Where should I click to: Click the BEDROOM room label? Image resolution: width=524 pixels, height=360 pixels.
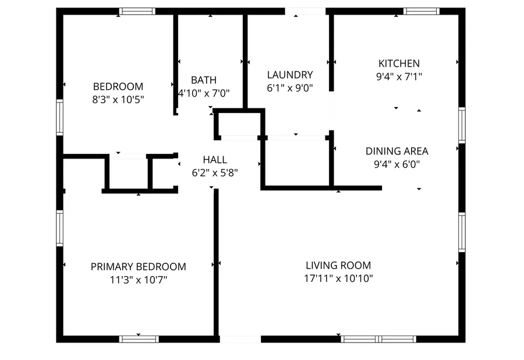pyautogui.click(x=118, y=86)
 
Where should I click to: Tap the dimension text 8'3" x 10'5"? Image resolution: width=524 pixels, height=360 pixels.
pyautogui.click(x=118, y=99)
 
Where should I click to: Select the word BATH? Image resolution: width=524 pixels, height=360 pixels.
pyautogui.click(x=204, y=80)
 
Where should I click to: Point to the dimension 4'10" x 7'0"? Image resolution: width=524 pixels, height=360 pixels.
pyautogui.click(x=204, y=93)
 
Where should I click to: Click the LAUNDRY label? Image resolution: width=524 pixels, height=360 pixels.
pyautogui.click(x=290, y=75)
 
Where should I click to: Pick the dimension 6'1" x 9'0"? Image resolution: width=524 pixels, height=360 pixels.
pyautogui.click(x=290, y=88)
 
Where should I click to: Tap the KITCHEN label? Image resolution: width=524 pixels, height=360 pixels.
pyautogui.click(x=399, y=63)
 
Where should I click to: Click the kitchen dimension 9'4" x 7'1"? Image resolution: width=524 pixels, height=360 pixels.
pyautogui.click(x=399, y=76)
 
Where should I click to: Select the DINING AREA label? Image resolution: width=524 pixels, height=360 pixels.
pyautogui.click(x=396, y=151)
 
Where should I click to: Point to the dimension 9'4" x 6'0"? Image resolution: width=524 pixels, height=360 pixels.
pyautogui.click(x=396, y=164)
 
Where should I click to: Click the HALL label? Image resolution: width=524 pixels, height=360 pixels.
pyautogui.click(x=215, y=160)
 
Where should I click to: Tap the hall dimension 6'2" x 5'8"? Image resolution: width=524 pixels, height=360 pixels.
pyautogui.click(x=215, y=172)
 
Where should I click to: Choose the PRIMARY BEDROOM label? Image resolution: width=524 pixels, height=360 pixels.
pyautogui.click(x=139, y=267)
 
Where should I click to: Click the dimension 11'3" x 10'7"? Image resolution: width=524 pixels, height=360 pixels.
pyautogui.click(x=139, y=280)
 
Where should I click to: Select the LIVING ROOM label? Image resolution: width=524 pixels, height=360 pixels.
pyautogui.click(x=338, y=266)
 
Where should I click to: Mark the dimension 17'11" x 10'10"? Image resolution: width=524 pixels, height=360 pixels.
pyautogui.click(x=338, y=278)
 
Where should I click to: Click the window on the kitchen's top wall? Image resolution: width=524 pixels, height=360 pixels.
pyautogui.click(x=421, y=10)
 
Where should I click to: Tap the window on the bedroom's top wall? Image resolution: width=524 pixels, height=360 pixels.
pyautogui.click(x=137, y=10)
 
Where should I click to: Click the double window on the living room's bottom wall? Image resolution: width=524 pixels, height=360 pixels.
pyautogui.click(x=379, y=338)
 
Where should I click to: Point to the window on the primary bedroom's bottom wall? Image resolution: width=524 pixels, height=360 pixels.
pyautogui.click(x=139, y=338)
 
